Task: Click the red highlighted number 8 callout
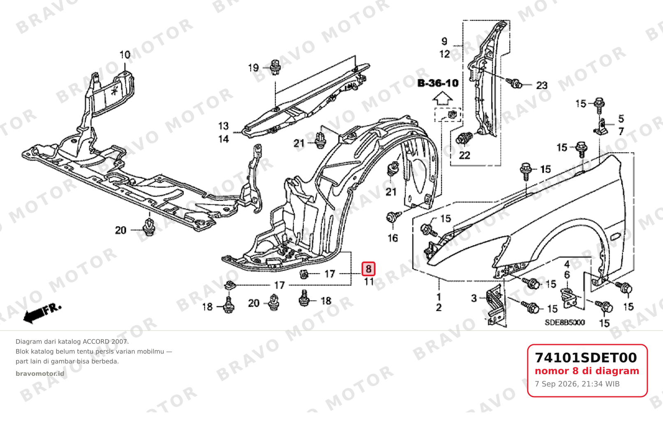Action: pyautogui.click(x=369, y=269)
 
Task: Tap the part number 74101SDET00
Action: pyautogui.click(x=586, y=358)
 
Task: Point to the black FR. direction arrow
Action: pyautogui.click(x=42, y=313)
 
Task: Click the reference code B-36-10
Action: pyautogui.click(x=438, y=83)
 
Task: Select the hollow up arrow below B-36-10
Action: pyautogui.click(x=443, y=98)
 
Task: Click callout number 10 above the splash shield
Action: pyautogui.click(x=125, y=55)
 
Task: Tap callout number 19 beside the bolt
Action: pyautogui.click(x=253, y=68)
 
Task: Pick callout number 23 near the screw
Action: pyautogui.click(x=542, y=86)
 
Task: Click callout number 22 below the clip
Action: pyautogui.click(x=464, y=155)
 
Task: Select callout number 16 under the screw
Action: pyautogui.click(x=393, y=238)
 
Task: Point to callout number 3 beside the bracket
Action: pyautogui.click(x=474, y=298)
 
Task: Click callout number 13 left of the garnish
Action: pyautogui.click(x=223, y=126)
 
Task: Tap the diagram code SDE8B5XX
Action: pyautogui.click(x=565, y=322)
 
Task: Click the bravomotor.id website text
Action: pyautogui.click(x=40, y=374)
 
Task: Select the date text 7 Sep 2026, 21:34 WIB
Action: pyautogui.click(x=577, y=384)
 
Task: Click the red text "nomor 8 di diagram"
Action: pyautogui.click(x=587, y=371)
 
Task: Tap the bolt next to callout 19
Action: pyautogui.click(x=276, y=67)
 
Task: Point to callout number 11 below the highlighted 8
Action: pyautogui.click(x=369, y=282)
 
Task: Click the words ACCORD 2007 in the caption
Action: pyautogui.click(x=105, y=342)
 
